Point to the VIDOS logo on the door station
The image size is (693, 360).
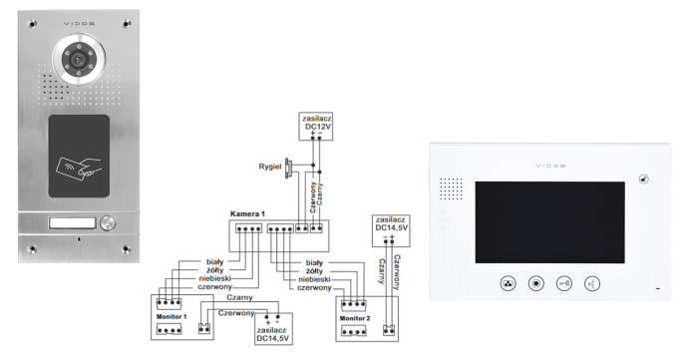[x=76, y=13]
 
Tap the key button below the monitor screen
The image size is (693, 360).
[x=564, y=283]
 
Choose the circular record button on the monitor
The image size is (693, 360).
[x=536, y=283]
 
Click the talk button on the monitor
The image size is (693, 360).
[x=592, y=283]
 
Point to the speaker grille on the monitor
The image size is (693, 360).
[x=452, y=188]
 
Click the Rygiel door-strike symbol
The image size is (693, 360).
[x=288, y=166]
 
